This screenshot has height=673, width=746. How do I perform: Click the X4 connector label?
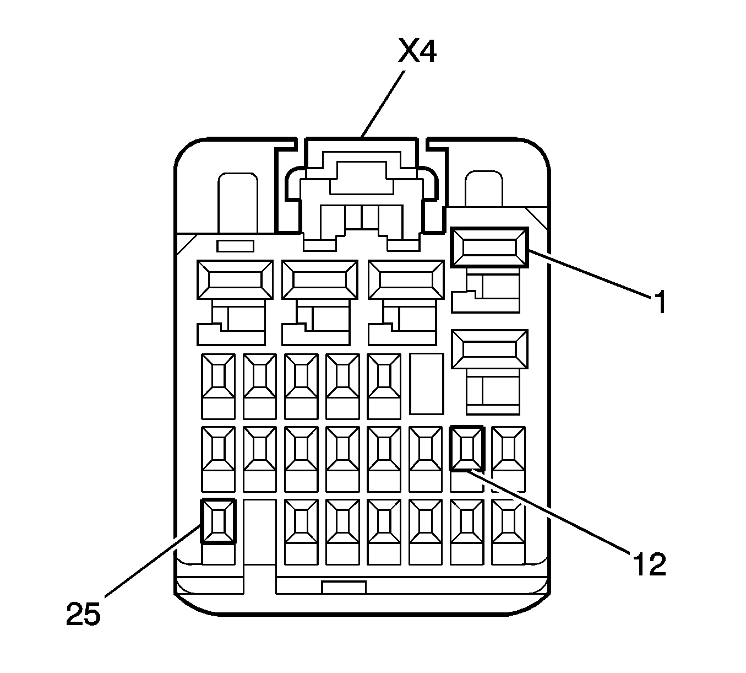click(417, 52)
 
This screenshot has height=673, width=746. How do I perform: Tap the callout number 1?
click(660, 303)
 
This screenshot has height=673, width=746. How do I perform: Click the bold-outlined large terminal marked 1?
click(489, 247)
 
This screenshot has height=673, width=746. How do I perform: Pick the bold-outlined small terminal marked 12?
click(467, 448)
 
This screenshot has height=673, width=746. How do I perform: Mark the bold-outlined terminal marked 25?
click(219, 521)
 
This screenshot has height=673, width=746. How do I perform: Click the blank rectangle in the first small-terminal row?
click(426, 384)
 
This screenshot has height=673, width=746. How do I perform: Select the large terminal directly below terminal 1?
click(489, 349)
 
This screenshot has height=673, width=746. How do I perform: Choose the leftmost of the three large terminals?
click(235, 280)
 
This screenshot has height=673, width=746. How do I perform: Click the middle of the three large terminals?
click(319, 280)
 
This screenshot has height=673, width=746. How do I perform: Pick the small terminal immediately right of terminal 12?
click(508, 448)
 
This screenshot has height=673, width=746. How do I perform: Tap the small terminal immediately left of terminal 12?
click(426, 448)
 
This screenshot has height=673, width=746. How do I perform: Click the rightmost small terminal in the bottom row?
click(508, 521)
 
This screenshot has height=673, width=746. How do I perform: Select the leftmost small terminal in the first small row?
click(219, 375)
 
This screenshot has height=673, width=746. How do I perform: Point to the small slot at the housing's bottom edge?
click(344, 587)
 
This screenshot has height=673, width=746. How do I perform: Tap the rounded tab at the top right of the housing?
click(483, 190)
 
